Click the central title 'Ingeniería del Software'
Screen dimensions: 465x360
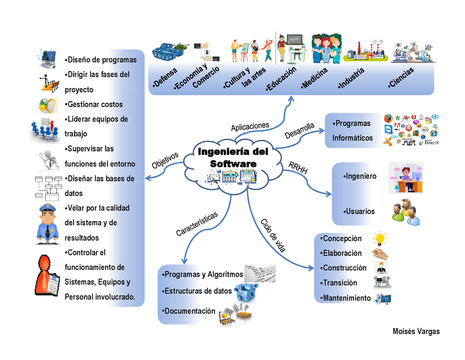[x=232, y=157]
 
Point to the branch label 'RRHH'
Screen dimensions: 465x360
[x=298, y=167]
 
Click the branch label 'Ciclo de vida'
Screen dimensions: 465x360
[x=272, y=235]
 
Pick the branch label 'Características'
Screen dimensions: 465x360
[x=197, y=224]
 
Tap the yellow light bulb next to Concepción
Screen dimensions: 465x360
[x=379, y=238]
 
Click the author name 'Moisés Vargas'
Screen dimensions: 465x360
[x=416, y=331]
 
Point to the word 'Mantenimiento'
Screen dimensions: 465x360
[x=347, y=298]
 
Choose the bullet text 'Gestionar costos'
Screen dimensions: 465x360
[x=94, y=104]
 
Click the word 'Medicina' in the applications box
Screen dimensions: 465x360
[x=314, y=78]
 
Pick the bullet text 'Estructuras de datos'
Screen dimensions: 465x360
[x=197, y=291]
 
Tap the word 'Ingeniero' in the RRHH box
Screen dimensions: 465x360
[x=361, y=176]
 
